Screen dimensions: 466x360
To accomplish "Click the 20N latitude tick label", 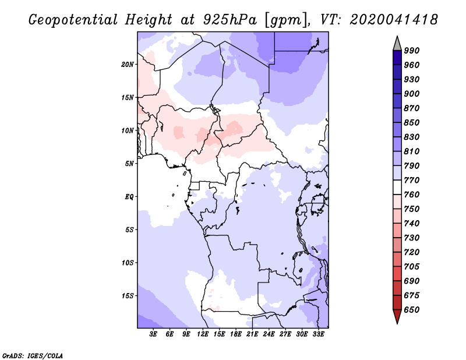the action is point(128,65).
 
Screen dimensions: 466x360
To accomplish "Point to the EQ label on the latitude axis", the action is point(129,197).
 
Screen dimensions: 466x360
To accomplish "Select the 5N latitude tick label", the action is point(129,164).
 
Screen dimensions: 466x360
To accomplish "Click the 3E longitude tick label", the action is point(153,334).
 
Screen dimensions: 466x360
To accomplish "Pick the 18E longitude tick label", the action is point(236,334).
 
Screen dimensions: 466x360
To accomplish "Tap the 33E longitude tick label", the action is point(318,334).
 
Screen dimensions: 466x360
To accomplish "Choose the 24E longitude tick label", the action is point(269,334).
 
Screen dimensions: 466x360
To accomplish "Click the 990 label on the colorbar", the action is point(412,51).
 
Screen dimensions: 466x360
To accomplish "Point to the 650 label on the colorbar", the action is point(412,310).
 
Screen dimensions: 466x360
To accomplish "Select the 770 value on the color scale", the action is point(412,180).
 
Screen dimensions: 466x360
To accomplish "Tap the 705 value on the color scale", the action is point(412,267).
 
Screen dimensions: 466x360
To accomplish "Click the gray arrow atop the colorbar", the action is point(397,44).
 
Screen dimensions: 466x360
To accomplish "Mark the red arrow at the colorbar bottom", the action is point(397,316).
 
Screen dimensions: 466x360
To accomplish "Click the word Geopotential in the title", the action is point(73,20).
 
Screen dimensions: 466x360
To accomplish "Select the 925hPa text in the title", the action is point(230,20).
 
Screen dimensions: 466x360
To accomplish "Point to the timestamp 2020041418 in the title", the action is point(394,20).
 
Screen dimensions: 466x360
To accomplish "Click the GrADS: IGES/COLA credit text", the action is point(33,356).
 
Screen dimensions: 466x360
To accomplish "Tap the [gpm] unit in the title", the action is point(287,20).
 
